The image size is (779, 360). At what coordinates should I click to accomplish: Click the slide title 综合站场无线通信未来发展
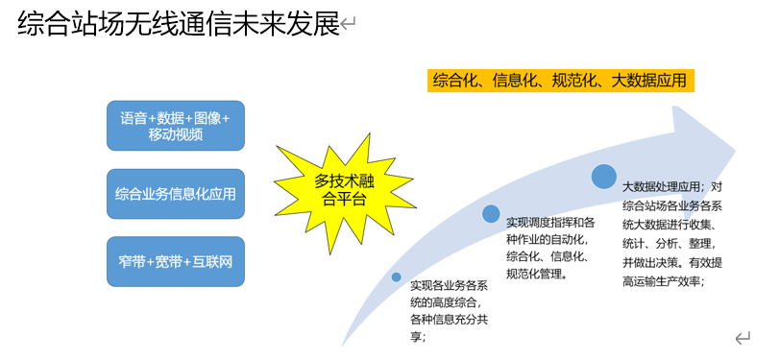pos(179,24)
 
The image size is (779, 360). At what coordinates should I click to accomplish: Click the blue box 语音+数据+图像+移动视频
pos(176,126)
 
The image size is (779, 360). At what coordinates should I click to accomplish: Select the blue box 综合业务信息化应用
pos(176,194)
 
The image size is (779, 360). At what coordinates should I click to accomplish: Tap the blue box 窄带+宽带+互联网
pos(176,262)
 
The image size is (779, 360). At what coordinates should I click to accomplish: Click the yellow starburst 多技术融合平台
pos(344,191)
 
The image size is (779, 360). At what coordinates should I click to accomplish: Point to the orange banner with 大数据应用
pos(560,81)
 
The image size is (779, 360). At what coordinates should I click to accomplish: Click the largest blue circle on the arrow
pos(603,177)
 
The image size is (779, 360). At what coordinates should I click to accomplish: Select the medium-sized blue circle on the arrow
pos(491,213)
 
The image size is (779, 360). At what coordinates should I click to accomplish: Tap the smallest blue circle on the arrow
pos(396,277)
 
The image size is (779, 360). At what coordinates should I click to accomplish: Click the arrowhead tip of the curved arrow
pos(735,149)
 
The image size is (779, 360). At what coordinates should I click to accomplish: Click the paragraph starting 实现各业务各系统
pos(450,310)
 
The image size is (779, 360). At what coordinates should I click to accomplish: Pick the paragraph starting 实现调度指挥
pos(548,248)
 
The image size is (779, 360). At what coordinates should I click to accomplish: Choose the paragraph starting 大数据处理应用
pos(672,234)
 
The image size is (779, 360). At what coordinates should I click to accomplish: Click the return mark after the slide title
pos(349,23)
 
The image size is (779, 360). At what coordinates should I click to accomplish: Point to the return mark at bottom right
pos(742,339)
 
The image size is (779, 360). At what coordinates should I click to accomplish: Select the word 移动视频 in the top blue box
pos(176,134)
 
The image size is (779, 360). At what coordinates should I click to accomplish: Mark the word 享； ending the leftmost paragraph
pos(417,336)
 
